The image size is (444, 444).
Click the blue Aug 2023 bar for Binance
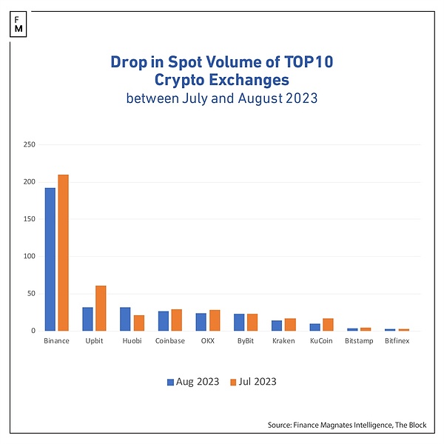(50, 259)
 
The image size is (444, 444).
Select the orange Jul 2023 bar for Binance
(64, 252)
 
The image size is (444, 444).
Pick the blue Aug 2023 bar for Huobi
(125, 319)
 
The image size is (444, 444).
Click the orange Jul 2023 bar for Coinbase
(176, 320)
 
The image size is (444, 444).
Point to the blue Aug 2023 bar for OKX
(201, 322)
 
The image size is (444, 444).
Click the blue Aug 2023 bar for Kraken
(276, 326)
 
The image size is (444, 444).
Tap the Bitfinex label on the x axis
(397, 341)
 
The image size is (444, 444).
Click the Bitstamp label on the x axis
(359, 341)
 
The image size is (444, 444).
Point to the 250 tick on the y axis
(30, 144)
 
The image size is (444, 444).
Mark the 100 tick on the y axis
(30, 256)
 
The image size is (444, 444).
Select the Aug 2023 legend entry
(193, 382)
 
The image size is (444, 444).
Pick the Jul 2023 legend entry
(252, 382)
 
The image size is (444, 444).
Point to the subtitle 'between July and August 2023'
(222, 98)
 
